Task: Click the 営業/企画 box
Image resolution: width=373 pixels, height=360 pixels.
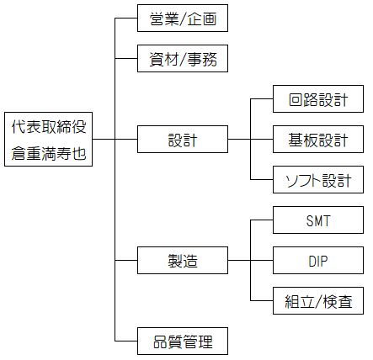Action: click(183, 19)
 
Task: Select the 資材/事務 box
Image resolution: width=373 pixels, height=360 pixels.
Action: click(183, 59)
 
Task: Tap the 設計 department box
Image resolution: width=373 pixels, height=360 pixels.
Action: click(183, 140)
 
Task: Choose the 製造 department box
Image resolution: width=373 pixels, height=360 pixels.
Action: click(183, 261)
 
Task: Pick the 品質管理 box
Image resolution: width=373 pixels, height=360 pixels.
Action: click(183, 341)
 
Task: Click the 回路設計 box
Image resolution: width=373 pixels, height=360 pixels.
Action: click(318, 99)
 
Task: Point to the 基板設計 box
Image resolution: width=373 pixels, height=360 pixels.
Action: click(318, 140)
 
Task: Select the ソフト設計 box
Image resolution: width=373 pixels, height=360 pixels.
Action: click(318, 180)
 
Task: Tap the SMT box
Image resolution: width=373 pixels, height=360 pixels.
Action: click(318, 220)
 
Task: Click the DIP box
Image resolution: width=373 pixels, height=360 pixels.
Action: click(318, 261)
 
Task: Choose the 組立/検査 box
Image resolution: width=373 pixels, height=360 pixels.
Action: click(318, 301)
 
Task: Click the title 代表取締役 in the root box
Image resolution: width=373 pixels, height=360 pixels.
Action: click(49, 127)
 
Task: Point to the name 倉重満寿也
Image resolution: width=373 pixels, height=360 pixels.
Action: click(49, 153)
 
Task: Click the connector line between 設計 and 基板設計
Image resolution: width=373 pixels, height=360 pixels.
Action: click(250, 140)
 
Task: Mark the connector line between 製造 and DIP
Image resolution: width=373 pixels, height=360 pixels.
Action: click(250, 261)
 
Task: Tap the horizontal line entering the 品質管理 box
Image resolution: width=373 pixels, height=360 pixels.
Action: click(126, 341)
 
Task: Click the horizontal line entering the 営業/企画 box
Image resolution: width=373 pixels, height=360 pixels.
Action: click(126, 19)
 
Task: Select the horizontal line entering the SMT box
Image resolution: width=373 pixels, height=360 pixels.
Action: click(262, 220)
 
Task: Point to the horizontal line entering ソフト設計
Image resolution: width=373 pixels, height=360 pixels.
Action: click(262, 180)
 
